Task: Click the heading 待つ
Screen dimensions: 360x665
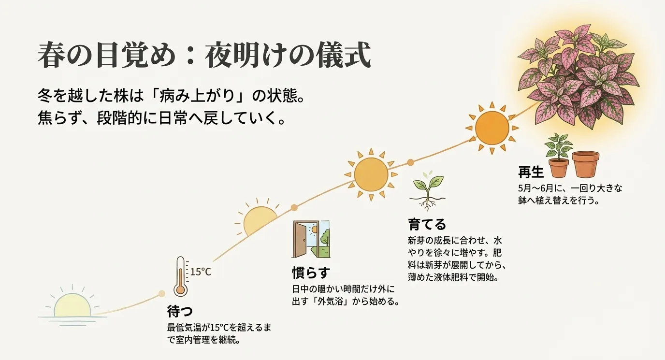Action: pos(180,310)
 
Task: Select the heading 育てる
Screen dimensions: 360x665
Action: pos(427,224)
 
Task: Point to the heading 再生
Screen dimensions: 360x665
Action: pos(531,172)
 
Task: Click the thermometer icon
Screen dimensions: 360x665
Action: pos(180,276)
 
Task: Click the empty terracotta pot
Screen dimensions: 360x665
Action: pos(585,164)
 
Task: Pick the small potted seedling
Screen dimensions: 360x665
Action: pos(558,156)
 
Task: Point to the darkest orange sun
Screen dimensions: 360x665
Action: pos(492,128)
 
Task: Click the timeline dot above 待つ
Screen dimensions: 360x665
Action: pos(162,293)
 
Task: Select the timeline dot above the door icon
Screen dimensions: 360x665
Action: pos(294,208)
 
